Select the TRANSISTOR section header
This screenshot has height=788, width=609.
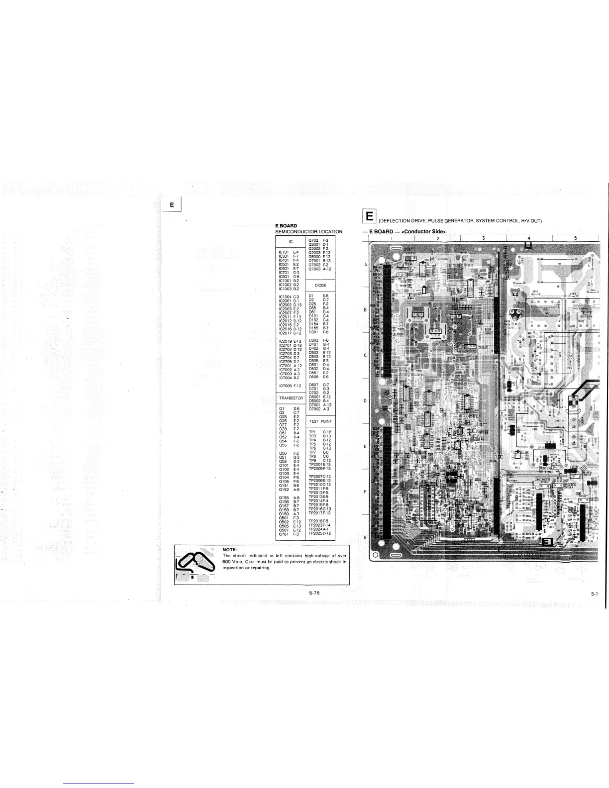tap(291, 398)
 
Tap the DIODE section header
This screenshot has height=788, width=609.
tap(320, 286)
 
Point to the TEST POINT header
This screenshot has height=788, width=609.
tap(320, 421)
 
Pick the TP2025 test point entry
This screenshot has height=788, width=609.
tap(320, 533)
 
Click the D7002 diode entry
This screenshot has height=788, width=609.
tap(316, 408)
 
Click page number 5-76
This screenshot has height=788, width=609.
tap(313, 592)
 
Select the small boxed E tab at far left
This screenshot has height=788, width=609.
tap(172, 204)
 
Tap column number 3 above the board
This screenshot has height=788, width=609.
tap(483, 238)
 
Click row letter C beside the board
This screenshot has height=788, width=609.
tap(365, 355)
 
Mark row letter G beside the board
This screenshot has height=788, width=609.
tap(365, 537)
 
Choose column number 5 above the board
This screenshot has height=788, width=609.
tap(575, 238)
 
